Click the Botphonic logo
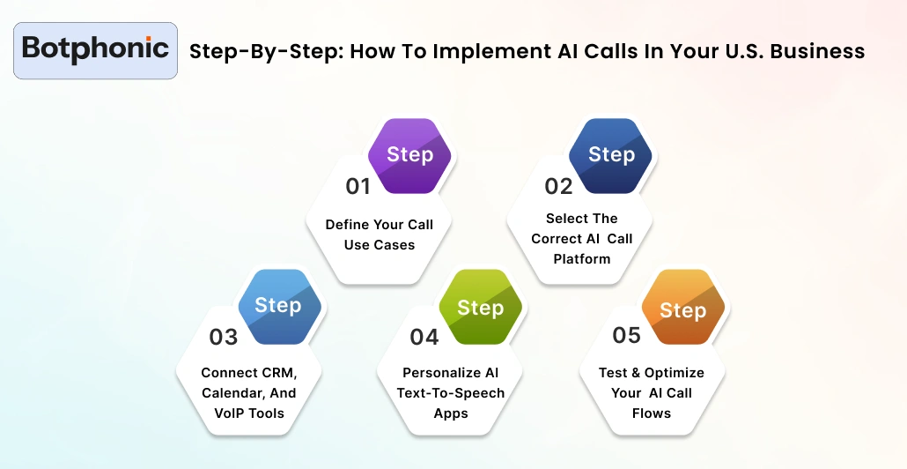[x=96, y=50]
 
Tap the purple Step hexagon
[x=409, y=155]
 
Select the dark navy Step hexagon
[x=611, y=155]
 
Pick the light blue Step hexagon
[x=277, y=306]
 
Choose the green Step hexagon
[x=480, y=308]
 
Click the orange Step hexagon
[x=682, y=309]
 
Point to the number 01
[x=358, y=186]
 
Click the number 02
[x=558, y=186]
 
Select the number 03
[x=224, y=337]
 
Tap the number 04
[x=424, y=337]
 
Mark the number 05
[x=627, y=335]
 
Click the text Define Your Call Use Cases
[x=380, y=234]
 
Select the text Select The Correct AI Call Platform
[x=581, y=238]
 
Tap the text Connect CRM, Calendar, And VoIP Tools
[x=248, y=392]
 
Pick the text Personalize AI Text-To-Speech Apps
[x=451, y=392]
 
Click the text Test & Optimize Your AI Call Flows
[x=652, y=392]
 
